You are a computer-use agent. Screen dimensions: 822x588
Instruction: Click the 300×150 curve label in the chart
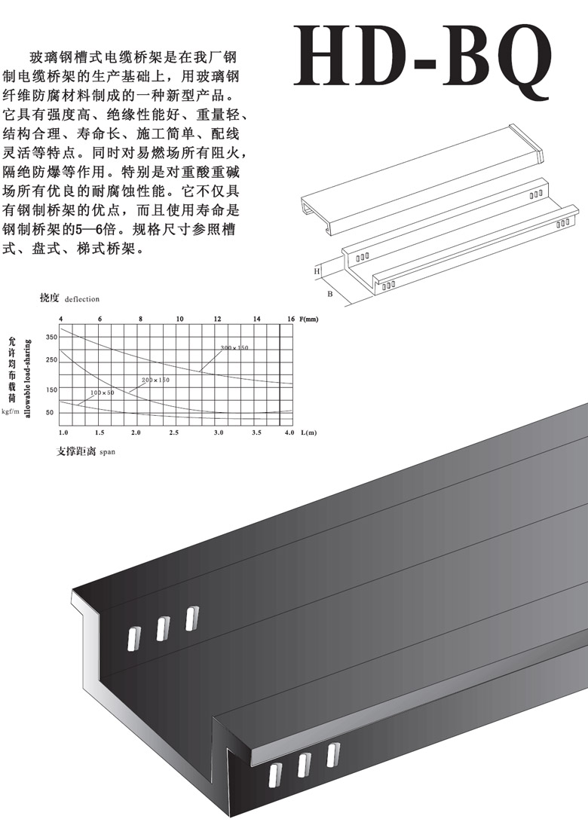[x=234, y=347]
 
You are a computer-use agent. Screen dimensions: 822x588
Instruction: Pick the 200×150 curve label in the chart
[x=155, y=380]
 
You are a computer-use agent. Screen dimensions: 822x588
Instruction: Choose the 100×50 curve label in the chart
[x=102, y=393]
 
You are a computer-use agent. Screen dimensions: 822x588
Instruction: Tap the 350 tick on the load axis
[x=51, y=337]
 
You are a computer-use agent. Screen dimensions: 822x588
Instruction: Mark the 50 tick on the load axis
[x=51, y=412]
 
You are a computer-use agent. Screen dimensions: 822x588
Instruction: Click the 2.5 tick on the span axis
[x=175, y=434]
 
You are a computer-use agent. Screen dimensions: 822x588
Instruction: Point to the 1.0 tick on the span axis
[x=63, y=434]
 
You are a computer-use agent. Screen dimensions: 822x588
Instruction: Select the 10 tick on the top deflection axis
[x=179, y=319]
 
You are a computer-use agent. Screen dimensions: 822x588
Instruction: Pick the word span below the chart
[x=107, y=453]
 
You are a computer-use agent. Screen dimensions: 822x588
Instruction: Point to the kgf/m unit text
[x=10, y=411]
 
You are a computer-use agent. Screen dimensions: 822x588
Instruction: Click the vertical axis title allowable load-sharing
[x=28, y=374]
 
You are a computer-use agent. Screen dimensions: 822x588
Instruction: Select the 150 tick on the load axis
[x=51, y=390]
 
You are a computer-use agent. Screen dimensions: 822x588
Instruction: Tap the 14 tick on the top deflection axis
[x=257, y=319]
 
